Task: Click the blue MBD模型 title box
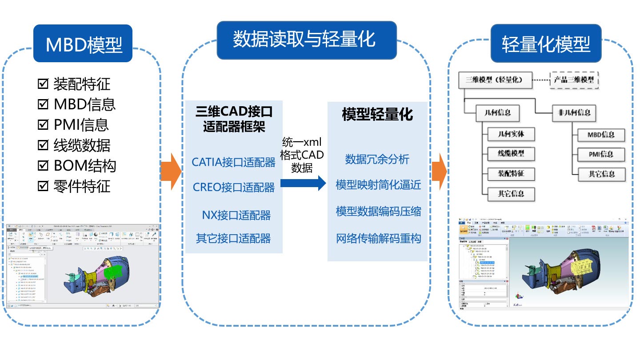click(83, 44)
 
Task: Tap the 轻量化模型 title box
click(546, 43)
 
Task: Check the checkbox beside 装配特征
click(43, 83)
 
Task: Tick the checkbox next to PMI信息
click(43, 124)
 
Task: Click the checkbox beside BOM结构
click(43, 165)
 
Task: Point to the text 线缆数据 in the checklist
click(82, 145)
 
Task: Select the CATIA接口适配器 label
click(234, 162)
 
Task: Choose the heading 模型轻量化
click(377, 114)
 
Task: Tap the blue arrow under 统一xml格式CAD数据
click(303, 182)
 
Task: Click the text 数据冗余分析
click(377, 159)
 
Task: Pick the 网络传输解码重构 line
click(378, 239)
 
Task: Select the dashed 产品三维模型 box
click(574, 80)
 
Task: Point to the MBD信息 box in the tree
click(600, 135)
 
